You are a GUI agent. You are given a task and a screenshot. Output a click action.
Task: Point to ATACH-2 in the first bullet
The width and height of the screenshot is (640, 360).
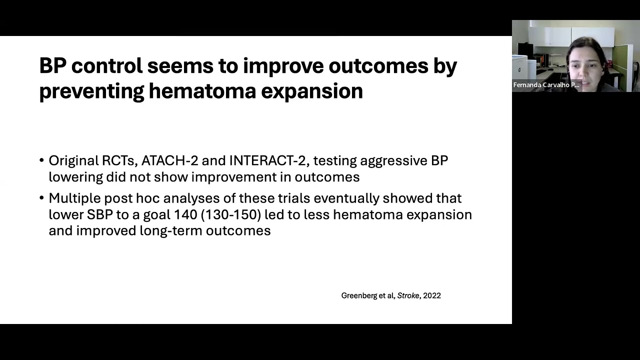click(x=169, y=160)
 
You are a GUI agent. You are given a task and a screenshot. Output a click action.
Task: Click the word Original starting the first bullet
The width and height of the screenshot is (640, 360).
click(x=73, y=160)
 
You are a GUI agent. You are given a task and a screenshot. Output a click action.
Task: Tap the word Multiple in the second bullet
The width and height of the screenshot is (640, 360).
click(x=74, y=198)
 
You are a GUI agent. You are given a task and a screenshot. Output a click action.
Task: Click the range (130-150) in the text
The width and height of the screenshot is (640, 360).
click(x=230, y=214)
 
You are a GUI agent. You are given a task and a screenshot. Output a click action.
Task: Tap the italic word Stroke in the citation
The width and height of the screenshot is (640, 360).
click(x=408, y=295)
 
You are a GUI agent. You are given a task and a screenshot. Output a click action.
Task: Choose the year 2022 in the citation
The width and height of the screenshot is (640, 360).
click(x=432, y=295)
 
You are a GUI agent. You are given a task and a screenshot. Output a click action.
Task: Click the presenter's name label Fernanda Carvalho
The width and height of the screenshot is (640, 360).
click(x=546, y=85)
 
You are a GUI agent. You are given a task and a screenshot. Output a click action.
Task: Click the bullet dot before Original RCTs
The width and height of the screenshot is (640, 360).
click(x=41, y=161)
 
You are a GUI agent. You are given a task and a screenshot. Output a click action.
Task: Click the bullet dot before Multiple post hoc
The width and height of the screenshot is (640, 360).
click(x=41, y=198)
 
